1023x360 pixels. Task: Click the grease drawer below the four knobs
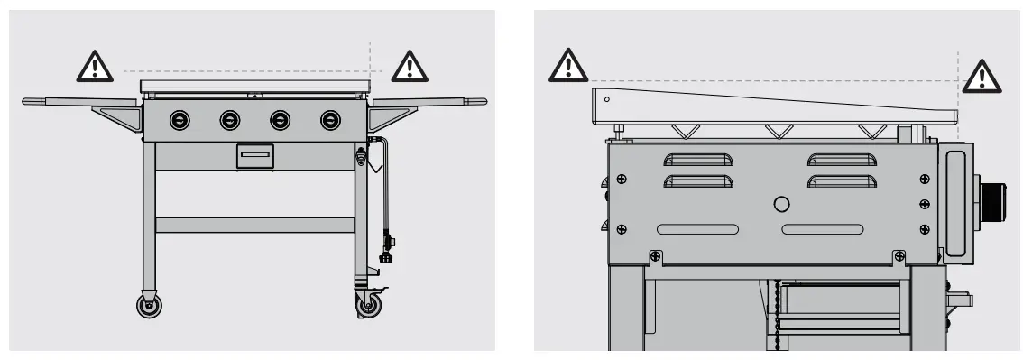pyautogui.click(x=254, y=156)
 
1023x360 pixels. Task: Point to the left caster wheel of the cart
pyautogui.click(x=148, y=305)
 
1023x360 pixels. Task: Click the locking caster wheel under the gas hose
pyautogui.click(x=368, y=305)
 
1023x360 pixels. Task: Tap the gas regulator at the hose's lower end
pyautogui.click(x=389, y=247)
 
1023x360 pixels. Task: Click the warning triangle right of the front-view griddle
pyautogui.click(x=410, y=65)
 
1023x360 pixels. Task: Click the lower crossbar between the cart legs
pyautogui.click(x=254, y=225)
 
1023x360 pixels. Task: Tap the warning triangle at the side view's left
pyautogui.click(x=567, y=65)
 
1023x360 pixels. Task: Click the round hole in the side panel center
pyautogui.click(x=782, y=204)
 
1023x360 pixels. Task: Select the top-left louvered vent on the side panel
pyautogui.click(x=698, y=162)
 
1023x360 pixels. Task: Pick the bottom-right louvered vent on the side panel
pyautogui.click(x=843, y=182)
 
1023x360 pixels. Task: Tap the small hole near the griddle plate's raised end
pyautogui.click(x=607, y=98)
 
